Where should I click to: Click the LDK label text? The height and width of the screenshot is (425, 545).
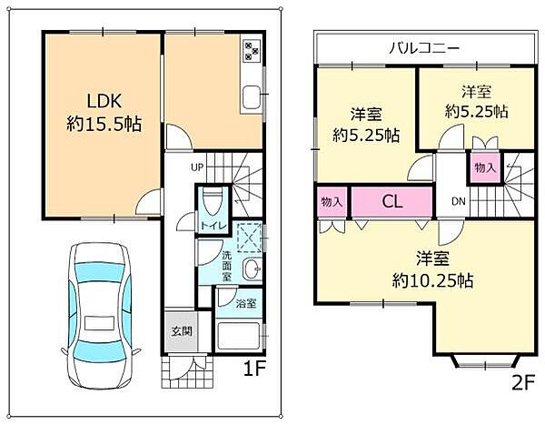coord(104,101)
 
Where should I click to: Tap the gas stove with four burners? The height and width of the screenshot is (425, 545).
coord(252,51)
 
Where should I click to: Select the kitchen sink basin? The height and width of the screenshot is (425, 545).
coord(252,96)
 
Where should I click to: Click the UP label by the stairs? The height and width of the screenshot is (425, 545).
coord(197,167)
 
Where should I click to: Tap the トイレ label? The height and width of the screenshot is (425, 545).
coord(213,226)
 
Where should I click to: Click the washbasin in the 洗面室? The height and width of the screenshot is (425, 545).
coord(253,269)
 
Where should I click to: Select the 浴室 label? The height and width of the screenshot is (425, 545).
coord(246,303)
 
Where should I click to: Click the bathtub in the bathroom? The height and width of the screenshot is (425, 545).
coord(238,337)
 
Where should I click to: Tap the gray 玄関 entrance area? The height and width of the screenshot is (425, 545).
coord(181,331)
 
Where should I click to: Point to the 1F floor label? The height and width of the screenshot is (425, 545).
coord(254,369)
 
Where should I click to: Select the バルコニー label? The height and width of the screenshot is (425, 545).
coord(424,47)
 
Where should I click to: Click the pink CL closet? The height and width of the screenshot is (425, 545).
coord(392,201)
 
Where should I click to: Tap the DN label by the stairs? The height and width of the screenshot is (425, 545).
coord(459,201)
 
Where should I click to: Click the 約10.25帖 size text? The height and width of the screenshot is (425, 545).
coord(432,280)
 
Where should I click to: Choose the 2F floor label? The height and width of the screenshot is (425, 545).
coord(523,383)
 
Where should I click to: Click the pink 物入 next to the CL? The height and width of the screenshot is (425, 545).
coord(332,201)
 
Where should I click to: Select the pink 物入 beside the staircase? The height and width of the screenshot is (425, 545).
coord(485,168)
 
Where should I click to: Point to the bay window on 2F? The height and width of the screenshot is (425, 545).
coord(485,361)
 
